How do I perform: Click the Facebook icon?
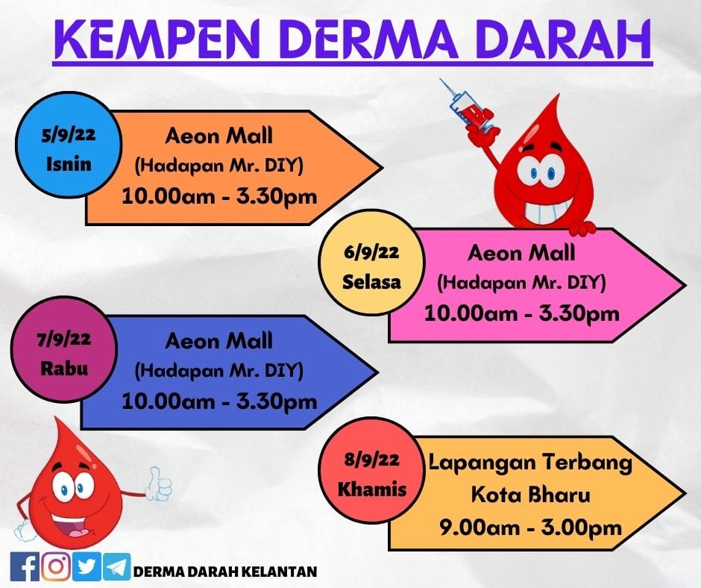click(25, 566)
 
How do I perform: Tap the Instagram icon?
click(56, 566)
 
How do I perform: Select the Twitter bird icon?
click(87, 566)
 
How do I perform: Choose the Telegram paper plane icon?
click(117, 566)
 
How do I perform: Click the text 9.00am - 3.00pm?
click(530, 528)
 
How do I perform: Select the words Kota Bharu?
click(531, 495)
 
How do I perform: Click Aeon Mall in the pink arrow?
click(521, 253)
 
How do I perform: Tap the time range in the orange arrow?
click(219, 196)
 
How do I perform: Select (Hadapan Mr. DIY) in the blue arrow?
click(219, 371)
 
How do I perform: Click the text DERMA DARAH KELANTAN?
click(225, 572)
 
